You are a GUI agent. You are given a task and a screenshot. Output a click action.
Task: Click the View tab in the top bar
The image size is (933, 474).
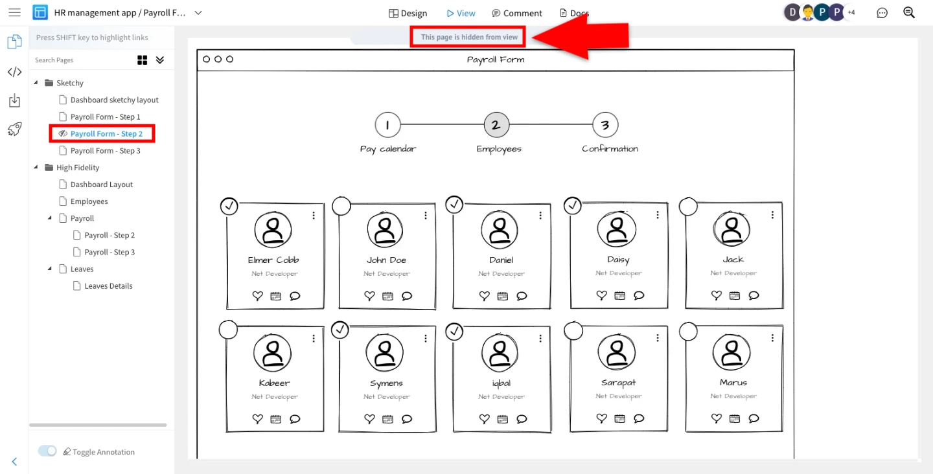coord(461,14)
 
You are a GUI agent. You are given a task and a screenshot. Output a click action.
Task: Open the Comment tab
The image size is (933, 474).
coord(517,14)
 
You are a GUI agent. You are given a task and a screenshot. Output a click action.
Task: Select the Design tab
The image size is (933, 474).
coord(408,14)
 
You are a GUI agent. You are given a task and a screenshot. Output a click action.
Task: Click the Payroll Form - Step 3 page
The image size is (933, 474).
coord(105,151)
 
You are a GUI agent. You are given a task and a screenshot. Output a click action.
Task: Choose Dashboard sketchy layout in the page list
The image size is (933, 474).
coord(114,100)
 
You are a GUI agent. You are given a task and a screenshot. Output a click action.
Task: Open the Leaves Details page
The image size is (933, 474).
coord(108,286)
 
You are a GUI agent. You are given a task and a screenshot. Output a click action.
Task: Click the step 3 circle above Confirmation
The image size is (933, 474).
coord(605,124)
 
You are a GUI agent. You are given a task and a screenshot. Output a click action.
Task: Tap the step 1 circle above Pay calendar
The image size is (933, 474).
coord(387,124)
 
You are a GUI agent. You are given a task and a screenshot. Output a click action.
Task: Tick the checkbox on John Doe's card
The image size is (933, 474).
coord(341,205)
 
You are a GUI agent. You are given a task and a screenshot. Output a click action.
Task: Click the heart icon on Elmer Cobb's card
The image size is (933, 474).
coord(257,295)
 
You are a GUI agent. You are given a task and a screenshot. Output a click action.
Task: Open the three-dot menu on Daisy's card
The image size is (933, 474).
coord(657,215)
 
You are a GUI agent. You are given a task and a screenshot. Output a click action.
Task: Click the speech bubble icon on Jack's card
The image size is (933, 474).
coord(754,295)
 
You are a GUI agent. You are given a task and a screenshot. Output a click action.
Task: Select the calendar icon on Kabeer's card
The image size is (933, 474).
coord(276,419)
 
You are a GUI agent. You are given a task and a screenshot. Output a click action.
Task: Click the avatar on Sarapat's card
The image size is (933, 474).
coord(617,353)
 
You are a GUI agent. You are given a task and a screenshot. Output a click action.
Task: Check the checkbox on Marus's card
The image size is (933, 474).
coord(688,332)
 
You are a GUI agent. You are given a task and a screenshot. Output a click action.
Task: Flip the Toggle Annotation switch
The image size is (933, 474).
coord(47,451)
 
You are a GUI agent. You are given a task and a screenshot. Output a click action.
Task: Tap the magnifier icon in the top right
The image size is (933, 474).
coord(909,12)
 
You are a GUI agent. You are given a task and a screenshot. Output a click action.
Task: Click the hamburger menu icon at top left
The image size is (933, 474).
coord(14,12)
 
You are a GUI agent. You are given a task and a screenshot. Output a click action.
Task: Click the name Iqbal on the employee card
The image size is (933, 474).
coord(501,383)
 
